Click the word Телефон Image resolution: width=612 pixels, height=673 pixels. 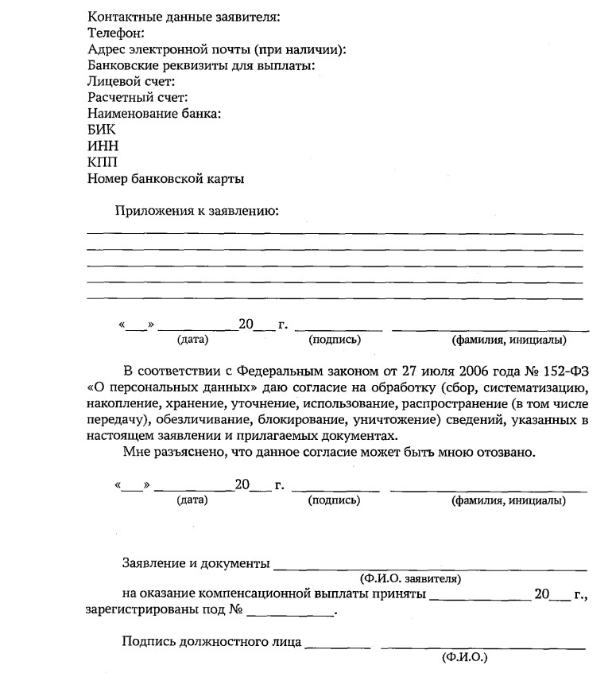115,33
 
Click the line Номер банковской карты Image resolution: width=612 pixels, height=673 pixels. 165,179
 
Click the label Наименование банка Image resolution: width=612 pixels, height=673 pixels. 154,114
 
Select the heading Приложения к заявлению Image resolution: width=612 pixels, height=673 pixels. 196,211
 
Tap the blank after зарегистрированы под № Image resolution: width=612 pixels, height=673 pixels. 290,613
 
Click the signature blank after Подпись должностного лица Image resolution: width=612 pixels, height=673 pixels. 337,644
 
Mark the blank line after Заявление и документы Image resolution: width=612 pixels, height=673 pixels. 429,567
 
